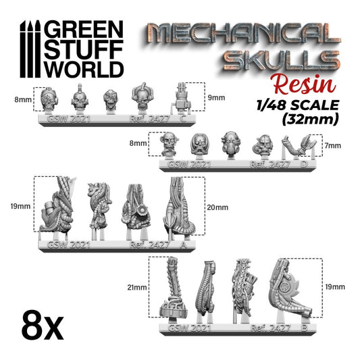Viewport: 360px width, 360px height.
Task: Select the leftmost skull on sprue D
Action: (x=168, y=145)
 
